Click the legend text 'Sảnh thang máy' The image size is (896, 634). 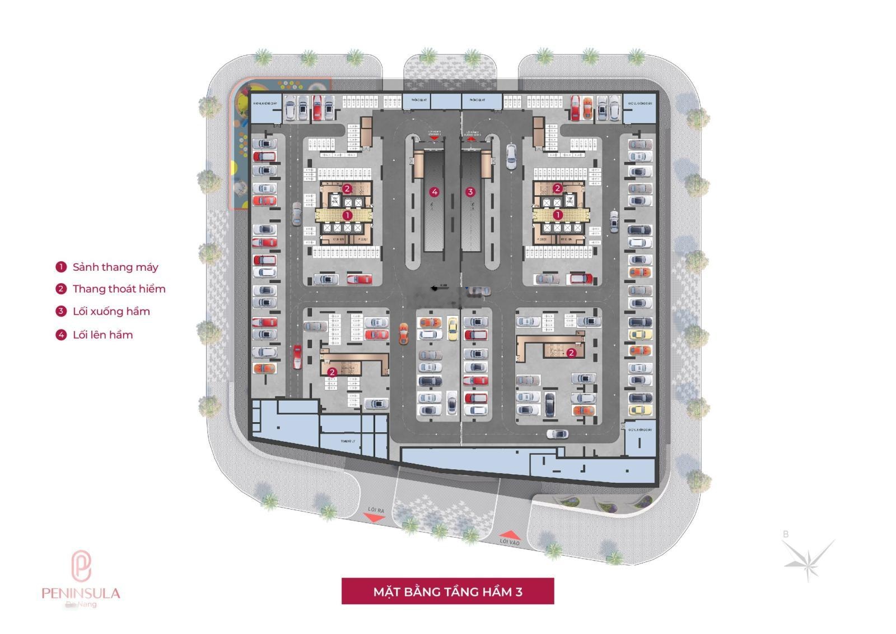(x=115, y=267)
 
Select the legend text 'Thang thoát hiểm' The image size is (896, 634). (x=119, y=289)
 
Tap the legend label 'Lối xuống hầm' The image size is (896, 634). (x=111, y=312)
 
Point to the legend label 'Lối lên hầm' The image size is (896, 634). (x=102, y=335)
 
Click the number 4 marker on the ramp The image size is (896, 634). (x=433, y=192)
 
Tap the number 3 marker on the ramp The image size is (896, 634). (x=470, y=192)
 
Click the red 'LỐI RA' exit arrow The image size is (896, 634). (x=375, y=519)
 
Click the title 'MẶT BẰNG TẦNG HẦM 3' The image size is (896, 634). (x=447, y=591)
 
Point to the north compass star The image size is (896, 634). (x=808, y=558)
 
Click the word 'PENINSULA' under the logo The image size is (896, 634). (x=81, y=593)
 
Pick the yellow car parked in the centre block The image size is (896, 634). (x=452, y=328)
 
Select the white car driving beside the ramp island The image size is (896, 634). (x=511, y=156)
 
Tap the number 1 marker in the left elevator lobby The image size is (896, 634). (x=347, y=215)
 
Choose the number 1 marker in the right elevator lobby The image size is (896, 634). (x=557, y=215)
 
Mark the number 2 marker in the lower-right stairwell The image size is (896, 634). (x=571, y=353)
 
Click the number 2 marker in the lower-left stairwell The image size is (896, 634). (x=332, y=372)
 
